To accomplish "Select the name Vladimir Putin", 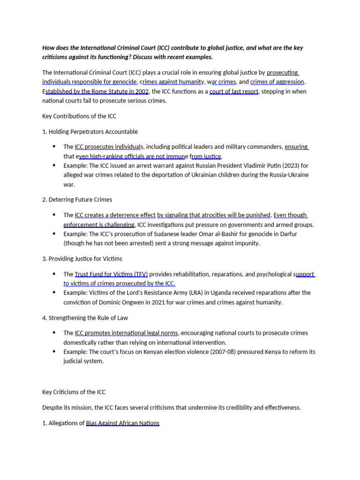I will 263,165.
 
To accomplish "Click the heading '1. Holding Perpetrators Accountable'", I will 90,131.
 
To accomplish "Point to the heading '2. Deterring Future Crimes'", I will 77,199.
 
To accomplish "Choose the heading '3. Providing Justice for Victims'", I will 82,258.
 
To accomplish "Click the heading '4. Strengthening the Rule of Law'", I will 85,317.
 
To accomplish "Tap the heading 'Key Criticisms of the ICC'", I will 77,391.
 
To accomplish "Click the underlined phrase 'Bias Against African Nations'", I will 123,423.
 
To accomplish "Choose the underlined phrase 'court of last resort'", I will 234,91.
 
